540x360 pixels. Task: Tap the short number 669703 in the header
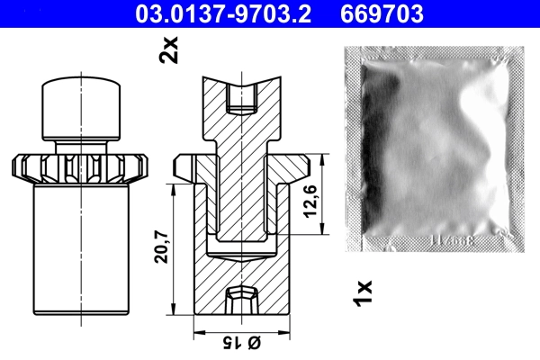coord(382,13)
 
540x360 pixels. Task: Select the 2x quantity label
coord(168,49)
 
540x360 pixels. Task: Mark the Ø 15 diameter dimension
coord(241,343)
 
